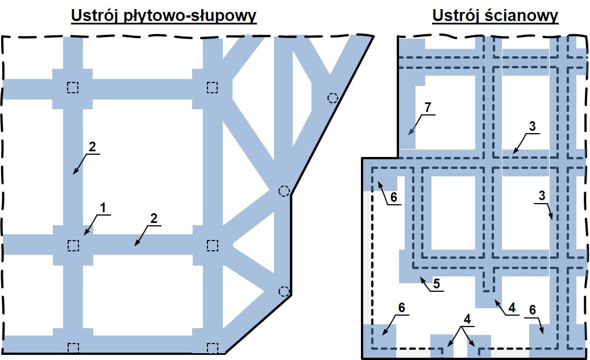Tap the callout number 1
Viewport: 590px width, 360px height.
(102, 208)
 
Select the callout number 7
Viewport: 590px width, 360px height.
(427, 107)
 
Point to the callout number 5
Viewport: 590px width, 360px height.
(437, 284)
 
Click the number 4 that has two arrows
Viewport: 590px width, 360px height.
(467, 319)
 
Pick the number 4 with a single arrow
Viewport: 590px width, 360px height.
(512, 308)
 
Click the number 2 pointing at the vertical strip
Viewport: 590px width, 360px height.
(92, 147)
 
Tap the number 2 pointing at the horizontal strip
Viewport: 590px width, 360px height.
(153, 218)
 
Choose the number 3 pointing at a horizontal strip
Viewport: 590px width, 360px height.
(532, 126)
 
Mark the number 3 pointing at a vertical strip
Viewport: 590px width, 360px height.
(542, 196)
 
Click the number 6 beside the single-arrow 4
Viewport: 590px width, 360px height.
(532, 310)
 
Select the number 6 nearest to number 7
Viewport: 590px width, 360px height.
(393, 197)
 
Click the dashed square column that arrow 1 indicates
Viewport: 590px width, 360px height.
(73, 246)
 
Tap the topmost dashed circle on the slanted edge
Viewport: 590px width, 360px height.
(333, 98)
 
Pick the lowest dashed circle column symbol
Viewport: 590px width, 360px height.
(284, 291)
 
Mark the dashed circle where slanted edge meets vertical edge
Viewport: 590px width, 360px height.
(284, 191)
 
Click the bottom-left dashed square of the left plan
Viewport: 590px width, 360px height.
(73, 347)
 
